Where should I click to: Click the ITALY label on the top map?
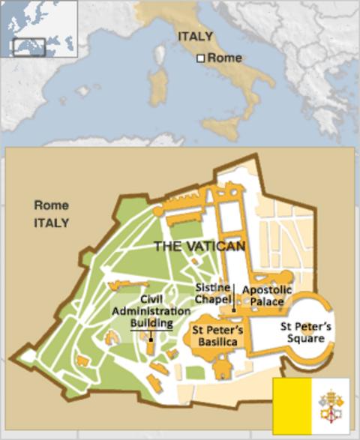[x=195, y=36]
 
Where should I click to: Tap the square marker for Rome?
[x=200, y=58]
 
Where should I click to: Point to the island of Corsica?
[x=159, y=54]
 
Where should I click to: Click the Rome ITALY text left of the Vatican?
[x=51, y=214]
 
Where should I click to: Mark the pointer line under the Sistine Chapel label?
[x=233, y=296]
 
